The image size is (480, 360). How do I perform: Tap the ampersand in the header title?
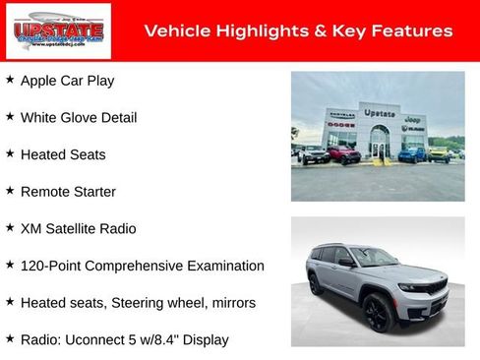320,31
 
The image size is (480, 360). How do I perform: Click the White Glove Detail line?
79,118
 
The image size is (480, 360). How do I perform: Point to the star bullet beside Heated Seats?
10,153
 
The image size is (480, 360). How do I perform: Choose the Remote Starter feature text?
68,192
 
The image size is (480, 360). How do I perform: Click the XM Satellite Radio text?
79,228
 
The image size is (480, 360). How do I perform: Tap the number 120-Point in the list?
51,266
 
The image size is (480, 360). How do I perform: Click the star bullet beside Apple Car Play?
10,80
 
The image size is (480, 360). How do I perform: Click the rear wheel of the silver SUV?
317,285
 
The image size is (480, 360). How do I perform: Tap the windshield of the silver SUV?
375,258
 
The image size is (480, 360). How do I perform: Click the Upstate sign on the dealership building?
379,113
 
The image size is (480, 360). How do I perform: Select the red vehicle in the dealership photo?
344,154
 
